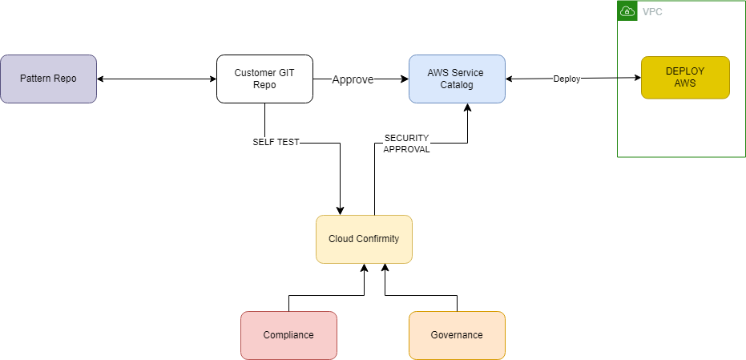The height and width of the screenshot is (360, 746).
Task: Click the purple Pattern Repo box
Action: click(x=48, y=79)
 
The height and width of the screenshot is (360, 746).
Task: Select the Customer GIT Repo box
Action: click(x=264, y=79)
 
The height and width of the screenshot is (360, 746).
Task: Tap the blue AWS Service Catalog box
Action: click(x=457, y=79)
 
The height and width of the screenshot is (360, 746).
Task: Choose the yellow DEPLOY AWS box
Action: click(x=685, y=77)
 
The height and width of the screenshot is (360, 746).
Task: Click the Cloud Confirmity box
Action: click(x=364, y=239)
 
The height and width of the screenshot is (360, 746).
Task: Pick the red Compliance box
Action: click(x=288, y=335)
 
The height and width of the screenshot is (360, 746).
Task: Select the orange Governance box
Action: click(x=457, y=335)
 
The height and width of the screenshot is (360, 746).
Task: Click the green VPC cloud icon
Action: click(x=627, y=11)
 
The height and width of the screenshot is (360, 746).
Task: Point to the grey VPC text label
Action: click(x=652, y=12)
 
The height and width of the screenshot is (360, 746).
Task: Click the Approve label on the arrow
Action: click(x=353, y=79)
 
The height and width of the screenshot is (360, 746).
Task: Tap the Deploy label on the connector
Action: click(x=567, y=79)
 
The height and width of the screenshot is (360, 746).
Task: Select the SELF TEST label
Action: click(x=276, y=143)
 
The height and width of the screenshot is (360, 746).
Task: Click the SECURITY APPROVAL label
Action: click(x=406, y=144)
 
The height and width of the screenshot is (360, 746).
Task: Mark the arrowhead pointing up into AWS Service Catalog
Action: click(x=468, y=108)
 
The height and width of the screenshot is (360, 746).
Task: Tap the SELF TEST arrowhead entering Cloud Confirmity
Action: click(x=341, y=210)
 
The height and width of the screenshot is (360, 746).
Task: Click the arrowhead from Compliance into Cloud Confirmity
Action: click(x=365, y=269)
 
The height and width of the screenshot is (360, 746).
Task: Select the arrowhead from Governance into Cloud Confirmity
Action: click(x=385, y=269)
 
